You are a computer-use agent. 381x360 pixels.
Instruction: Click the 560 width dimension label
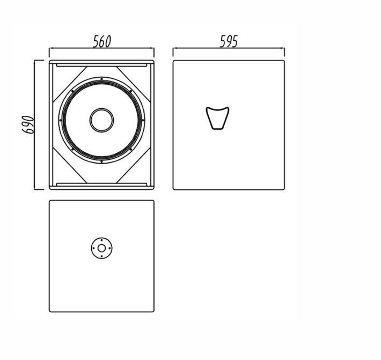102,41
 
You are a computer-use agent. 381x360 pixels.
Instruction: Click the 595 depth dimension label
229,41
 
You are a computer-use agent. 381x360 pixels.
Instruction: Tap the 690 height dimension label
28,124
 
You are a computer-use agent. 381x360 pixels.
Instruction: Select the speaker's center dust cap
101,120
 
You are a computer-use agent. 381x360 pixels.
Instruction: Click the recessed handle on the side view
218,118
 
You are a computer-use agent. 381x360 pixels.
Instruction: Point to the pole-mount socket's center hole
101,248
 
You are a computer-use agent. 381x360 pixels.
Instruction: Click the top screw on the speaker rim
101,79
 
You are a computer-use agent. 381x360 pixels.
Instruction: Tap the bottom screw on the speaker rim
101,161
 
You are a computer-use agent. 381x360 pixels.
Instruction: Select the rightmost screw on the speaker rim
143,120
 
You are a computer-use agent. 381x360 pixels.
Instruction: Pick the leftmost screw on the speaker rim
60,120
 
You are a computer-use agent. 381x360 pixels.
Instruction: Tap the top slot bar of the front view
101,65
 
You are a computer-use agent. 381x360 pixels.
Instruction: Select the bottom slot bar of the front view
101,185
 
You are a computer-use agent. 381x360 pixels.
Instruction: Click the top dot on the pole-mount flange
101,240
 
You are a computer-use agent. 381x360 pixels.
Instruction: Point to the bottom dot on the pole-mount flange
101,256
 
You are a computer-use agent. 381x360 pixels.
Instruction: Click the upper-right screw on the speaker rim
131,91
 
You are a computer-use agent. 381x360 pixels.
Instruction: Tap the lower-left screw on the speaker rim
72,149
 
